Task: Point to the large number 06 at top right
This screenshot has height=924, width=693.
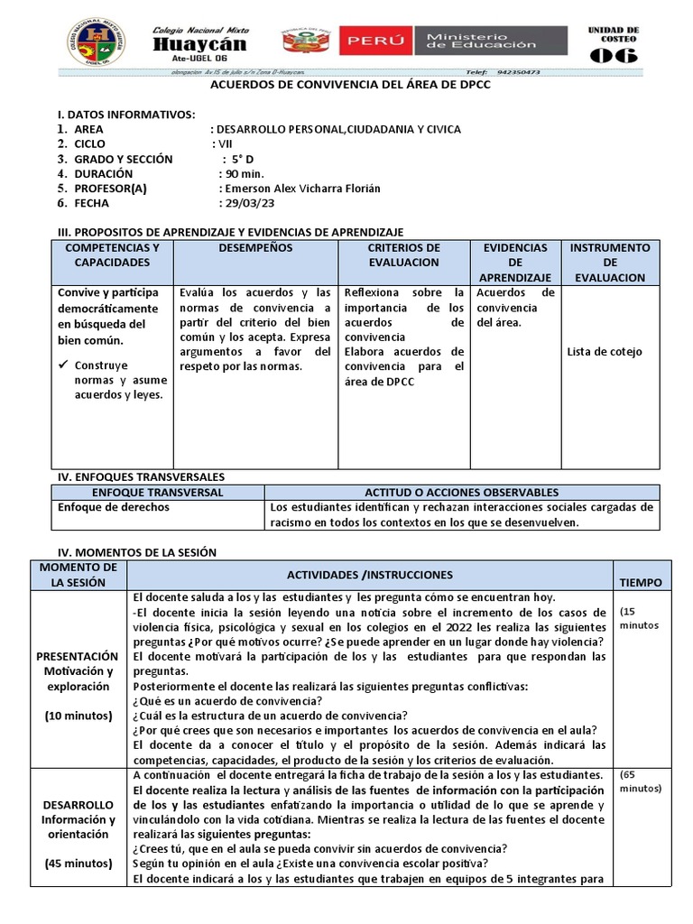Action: (x=613, y=55)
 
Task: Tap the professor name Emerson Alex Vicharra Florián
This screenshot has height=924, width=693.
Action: (x=300, y=189)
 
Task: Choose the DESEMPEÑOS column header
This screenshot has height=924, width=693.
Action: (x=255, y=247)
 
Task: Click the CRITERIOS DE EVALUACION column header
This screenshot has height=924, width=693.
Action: (x=403, y=254)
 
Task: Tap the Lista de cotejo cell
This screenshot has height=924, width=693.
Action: (x=605, y=351)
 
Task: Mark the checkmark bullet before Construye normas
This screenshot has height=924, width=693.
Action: (x=64, y=365)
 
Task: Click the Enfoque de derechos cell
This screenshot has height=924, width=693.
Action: (x=113, y=507)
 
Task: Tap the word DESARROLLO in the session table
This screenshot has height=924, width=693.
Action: (x=77, y=804)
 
